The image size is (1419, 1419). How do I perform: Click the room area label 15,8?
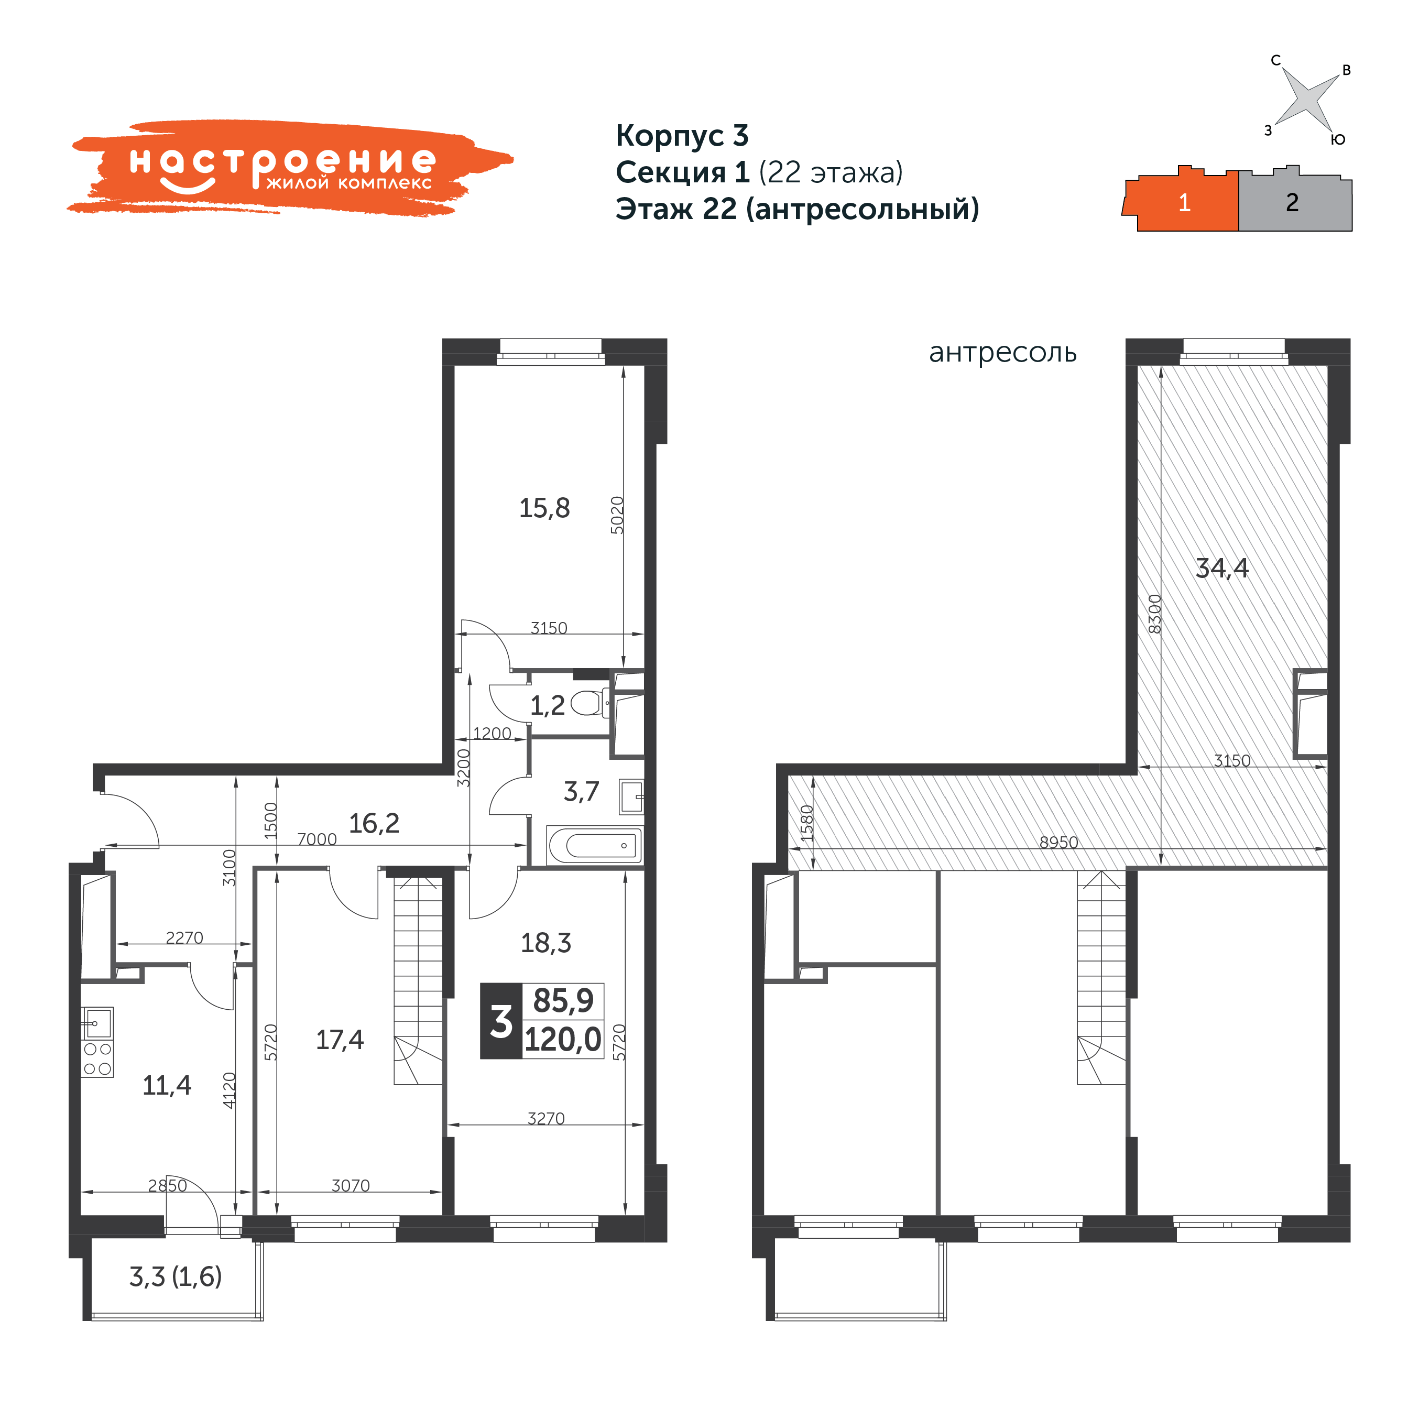544,508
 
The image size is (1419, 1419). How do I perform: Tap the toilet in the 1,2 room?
590,703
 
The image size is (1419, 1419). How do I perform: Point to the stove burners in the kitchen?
97,1059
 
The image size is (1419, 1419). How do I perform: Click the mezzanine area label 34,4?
1222,569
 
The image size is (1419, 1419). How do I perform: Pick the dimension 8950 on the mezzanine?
1058,843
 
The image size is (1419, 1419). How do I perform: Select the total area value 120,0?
563,1040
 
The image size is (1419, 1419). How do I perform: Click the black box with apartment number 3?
501,1021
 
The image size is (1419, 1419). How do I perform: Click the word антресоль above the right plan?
1002,353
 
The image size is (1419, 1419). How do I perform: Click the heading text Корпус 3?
682,136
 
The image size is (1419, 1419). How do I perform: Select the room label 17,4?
340,1040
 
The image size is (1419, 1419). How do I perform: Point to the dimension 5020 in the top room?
617,515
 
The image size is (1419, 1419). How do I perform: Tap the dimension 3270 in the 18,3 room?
545,1119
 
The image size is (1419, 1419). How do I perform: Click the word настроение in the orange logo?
283,162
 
